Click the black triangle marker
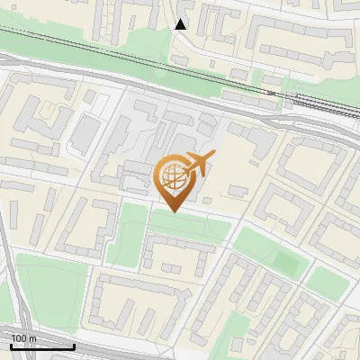click(x=181, y=24)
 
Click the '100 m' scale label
click(x=23, y=338)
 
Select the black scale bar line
click(x=42, y=346)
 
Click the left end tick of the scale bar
click(x=11, y=345)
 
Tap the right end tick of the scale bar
click(x=74, y=345)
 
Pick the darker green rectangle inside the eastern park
click(x=286, y=262)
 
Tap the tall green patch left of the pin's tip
click(x=132, y=234)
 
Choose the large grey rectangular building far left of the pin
click(x=84, y=133)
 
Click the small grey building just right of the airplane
click(x=238, y=191)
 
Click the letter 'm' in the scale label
click(x=33, y=338)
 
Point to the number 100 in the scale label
click(x=19, y=338)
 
